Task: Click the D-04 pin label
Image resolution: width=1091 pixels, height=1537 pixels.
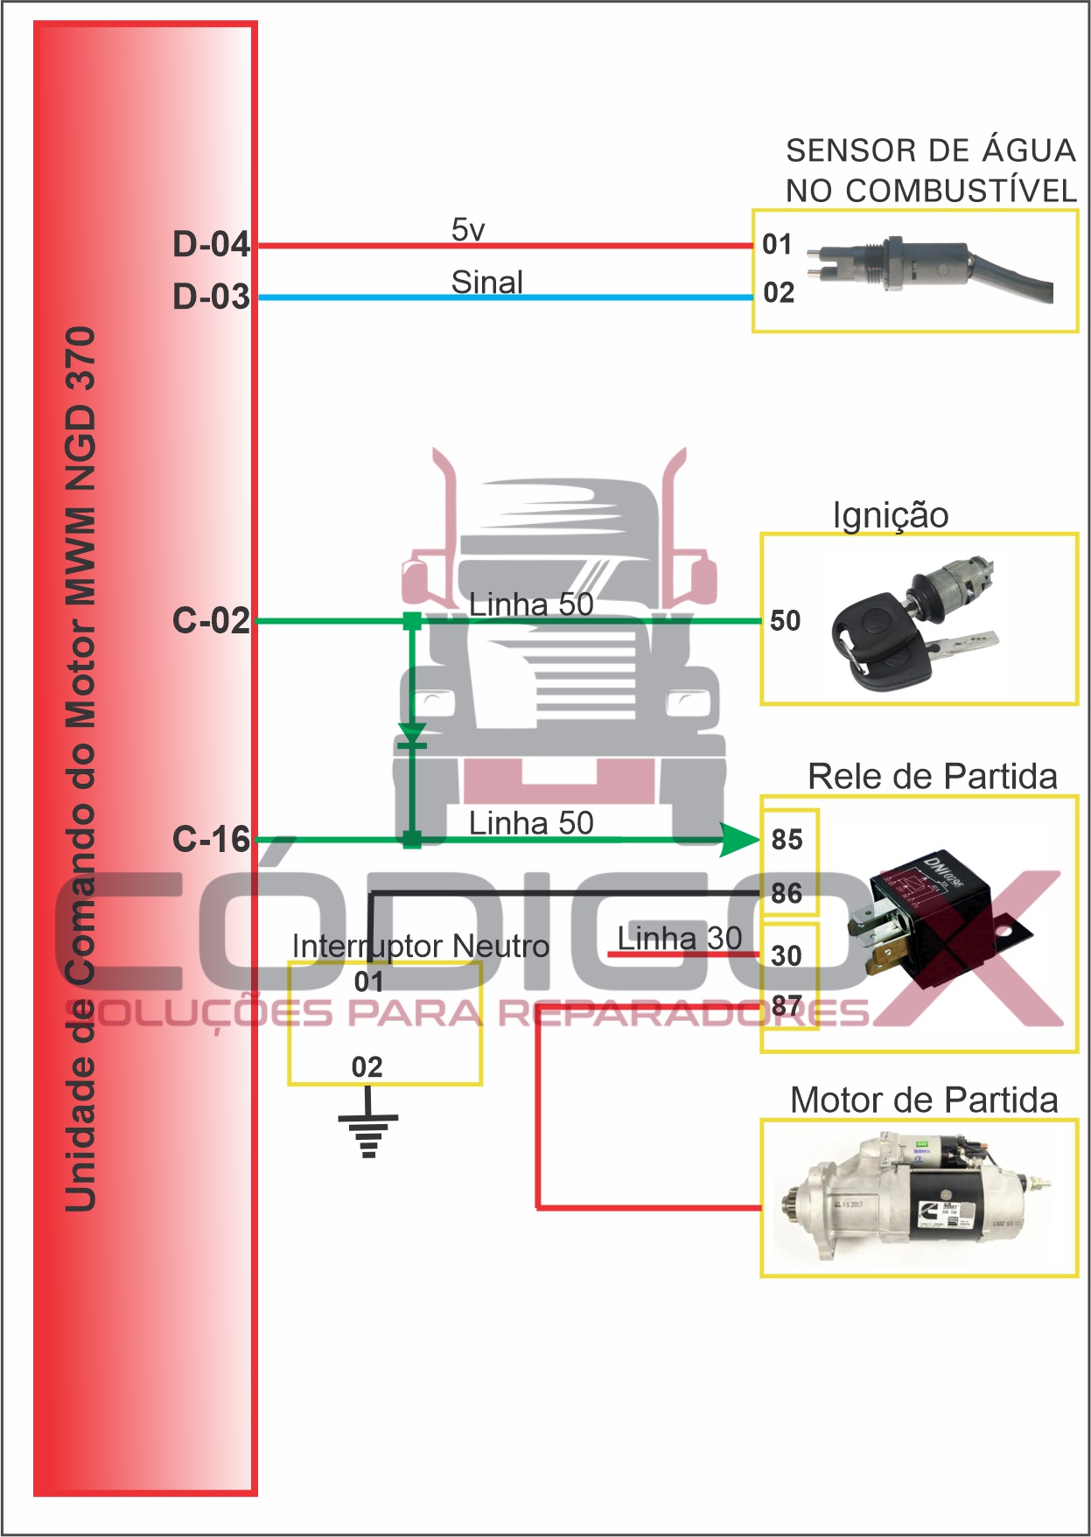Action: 211,244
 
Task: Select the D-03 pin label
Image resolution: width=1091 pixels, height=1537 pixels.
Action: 211,297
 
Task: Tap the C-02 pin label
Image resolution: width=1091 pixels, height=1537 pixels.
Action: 211,620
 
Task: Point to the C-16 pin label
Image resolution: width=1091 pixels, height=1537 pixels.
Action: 211,839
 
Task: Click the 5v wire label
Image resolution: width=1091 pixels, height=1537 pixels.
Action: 468,230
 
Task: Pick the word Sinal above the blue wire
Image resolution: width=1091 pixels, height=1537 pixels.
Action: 486,282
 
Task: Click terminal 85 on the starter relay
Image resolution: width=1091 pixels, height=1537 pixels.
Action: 787,840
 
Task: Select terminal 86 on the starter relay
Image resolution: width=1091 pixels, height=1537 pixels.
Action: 787,893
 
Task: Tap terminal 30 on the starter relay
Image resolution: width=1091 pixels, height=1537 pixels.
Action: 787,955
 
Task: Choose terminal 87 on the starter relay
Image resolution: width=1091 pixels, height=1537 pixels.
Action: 787,1006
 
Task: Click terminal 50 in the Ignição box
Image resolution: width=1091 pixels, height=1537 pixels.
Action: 785,621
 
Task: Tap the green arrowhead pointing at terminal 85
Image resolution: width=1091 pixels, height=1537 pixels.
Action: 739,841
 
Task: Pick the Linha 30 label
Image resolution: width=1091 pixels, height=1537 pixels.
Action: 680,939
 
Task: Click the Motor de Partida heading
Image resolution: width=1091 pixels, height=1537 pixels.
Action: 924,1100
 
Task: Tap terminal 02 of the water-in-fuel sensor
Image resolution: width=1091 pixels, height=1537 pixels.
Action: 779,292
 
